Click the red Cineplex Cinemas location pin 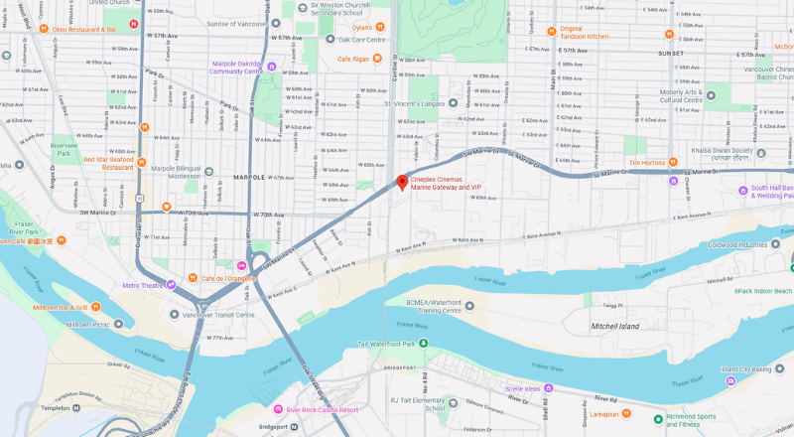402,183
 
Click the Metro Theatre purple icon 171,285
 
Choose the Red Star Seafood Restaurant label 108,163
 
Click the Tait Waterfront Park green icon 424,344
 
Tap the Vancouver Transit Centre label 218,315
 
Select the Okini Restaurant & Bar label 85,30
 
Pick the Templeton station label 28,408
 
